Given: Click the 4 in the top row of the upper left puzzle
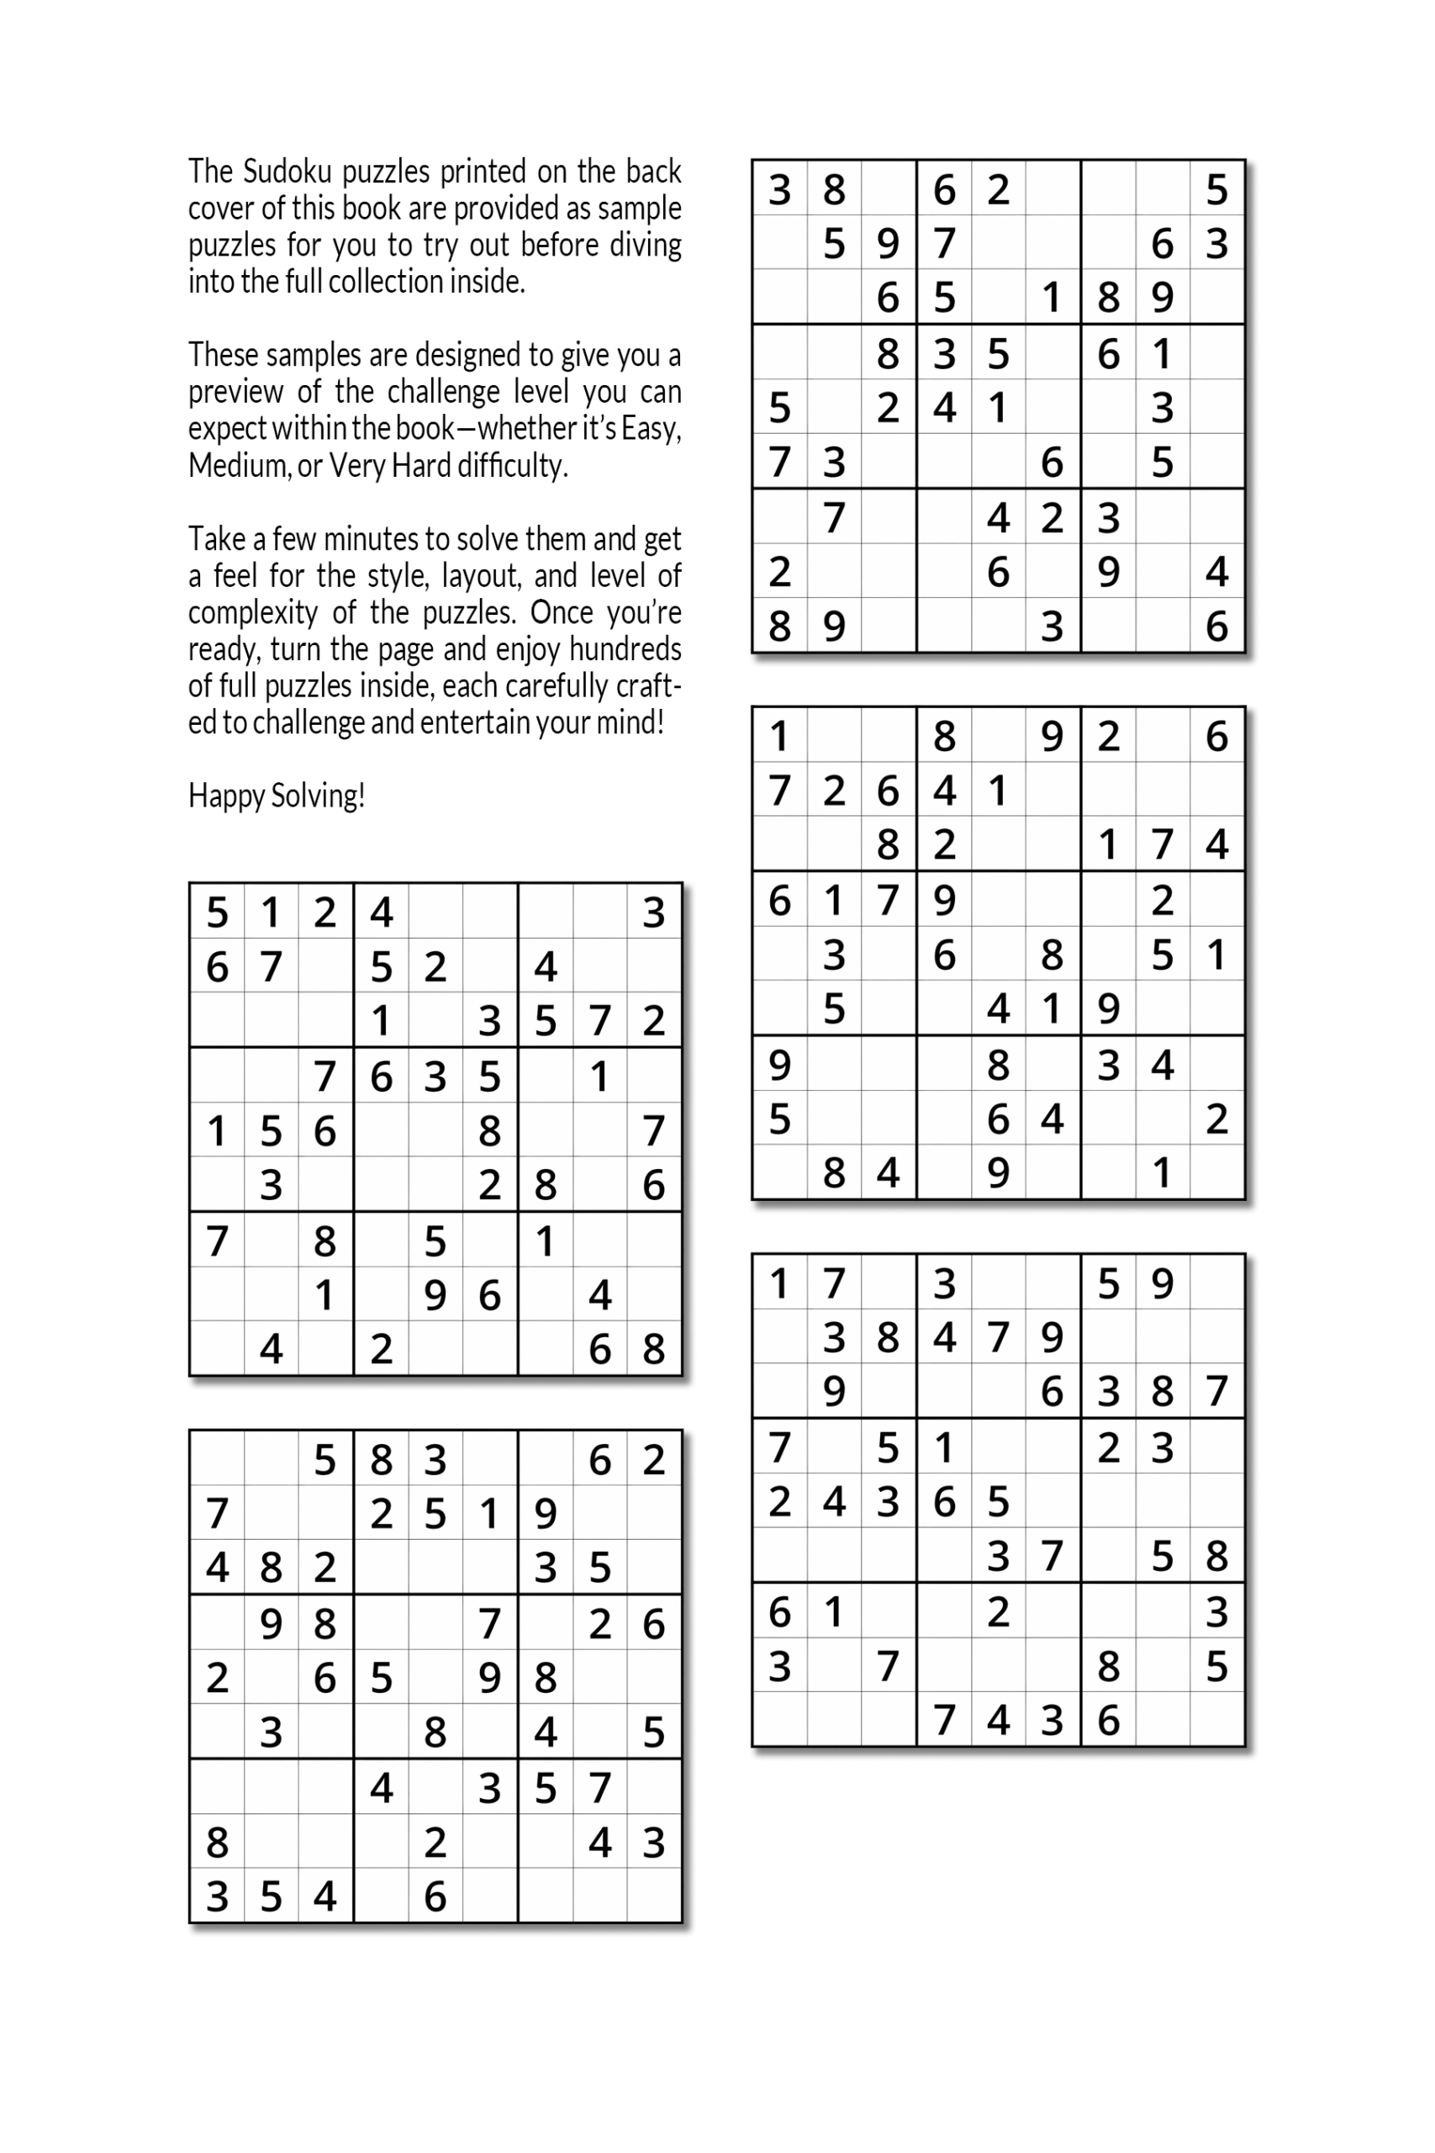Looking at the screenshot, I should [x=381, y=912].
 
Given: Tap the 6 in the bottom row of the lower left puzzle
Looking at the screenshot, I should [x=435, y=1896].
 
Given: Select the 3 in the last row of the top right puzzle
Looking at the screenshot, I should [x=1053, y=626].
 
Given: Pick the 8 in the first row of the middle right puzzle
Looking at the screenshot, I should [x=943, y=736].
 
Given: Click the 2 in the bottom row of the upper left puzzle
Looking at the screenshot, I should [x=381, y=1348].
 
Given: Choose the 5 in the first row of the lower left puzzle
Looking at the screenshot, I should [x=324, y=1460].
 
